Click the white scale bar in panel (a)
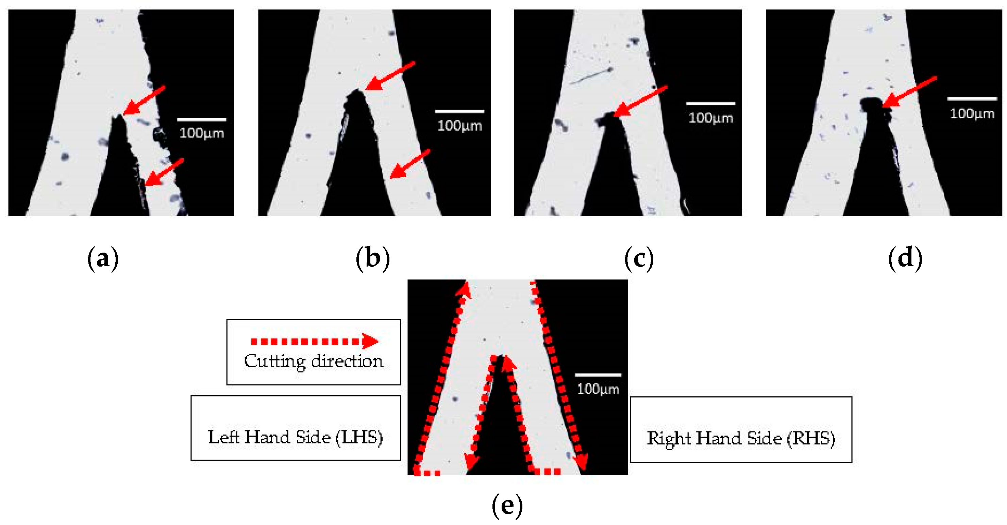click(201, 119)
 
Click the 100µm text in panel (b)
click(459, 126)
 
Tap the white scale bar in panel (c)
click(711, 104)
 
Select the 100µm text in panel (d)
click(972, 114)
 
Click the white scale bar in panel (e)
click(598, 375)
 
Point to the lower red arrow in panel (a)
click(164, 172)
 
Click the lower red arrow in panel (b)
click(410, 164)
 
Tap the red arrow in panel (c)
click(640, 101)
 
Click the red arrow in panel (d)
click(909, 92)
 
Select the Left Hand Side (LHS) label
click(295, 437)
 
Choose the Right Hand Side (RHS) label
click(741, 438)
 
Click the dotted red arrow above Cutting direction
click(314, 341)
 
